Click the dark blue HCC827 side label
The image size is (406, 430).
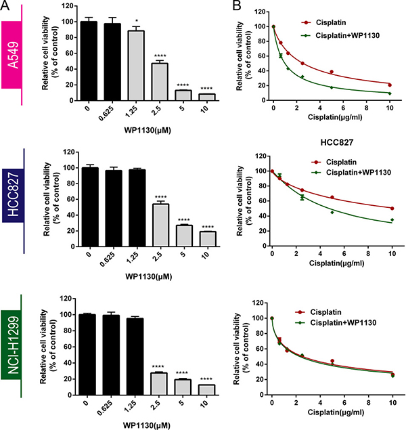[x=13, y=202]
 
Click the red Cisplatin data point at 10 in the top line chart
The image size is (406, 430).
[x=389, y=85]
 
